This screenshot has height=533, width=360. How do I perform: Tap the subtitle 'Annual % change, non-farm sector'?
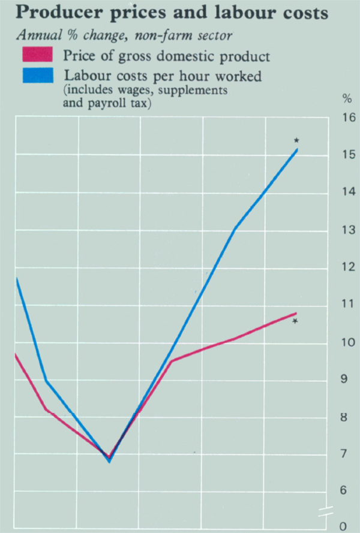124,35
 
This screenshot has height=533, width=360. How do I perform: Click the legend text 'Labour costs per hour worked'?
157,76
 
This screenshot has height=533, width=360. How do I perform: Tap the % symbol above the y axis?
347,98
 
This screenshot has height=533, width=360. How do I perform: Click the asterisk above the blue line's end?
296,140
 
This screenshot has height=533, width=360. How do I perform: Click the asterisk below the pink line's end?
296,322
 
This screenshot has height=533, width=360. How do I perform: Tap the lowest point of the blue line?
109,461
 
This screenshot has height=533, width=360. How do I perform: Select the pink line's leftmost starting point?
16,355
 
